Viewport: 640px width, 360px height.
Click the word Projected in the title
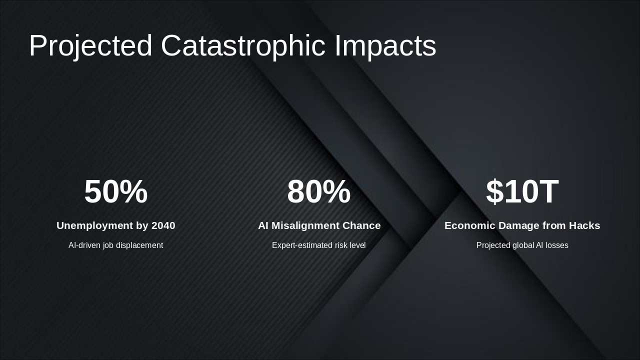click(90, 46)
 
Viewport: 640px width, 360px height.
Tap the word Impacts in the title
click(385, 46)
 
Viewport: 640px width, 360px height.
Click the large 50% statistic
click(116, 192)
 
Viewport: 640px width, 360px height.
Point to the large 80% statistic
click(319, 192)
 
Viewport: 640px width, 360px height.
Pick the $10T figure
click(522, 192)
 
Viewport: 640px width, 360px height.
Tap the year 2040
click(163, 225)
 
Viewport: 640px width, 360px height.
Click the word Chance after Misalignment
click(362, 225)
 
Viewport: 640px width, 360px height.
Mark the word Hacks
click(584, 225)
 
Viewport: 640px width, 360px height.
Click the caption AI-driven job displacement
click(116, 245)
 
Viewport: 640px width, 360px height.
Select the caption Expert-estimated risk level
click(319, 245)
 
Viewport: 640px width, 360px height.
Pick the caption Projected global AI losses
click(522, 245)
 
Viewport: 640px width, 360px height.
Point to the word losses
click(556, 245)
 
